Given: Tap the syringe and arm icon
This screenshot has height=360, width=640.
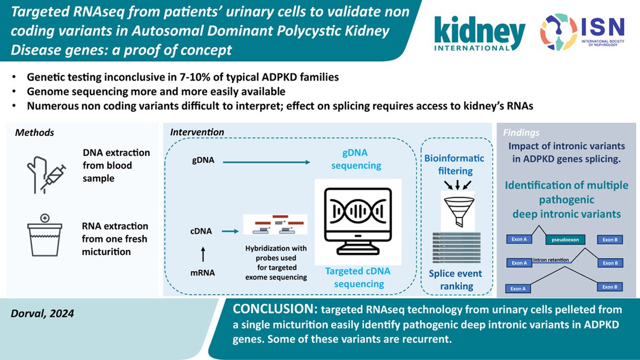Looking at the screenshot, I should coord(46,166).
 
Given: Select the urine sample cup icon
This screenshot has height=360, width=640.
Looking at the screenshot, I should coord(46,235).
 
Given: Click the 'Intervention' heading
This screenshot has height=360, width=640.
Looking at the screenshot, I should coord(197,132).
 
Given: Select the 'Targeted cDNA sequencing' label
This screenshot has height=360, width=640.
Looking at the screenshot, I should coord(358,277).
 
